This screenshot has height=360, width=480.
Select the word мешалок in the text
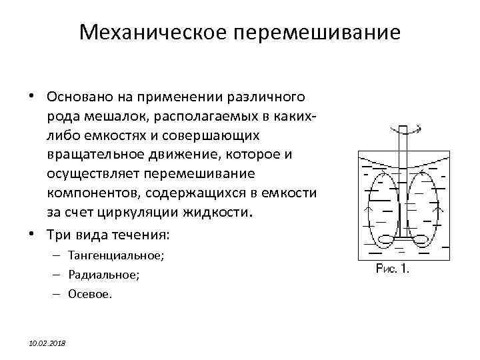click(104, 116)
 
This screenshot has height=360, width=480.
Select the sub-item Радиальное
click(103, 274)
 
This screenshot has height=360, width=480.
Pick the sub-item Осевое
click(89, 293)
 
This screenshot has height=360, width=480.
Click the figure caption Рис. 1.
click(393, 269)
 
